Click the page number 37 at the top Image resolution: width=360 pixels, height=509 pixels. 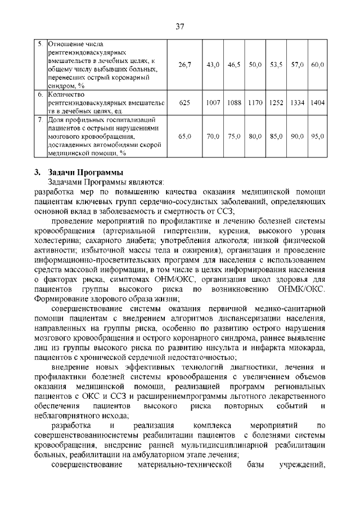click(x=180, y=26)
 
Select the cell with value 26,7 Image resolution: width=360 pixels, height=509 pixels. click(x=185, y=65)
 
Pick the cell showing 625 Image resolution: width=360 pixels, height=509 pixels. click(x=185, y=103)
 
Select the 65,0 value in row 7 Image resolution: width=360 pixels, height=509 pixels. click(x=185, y=136)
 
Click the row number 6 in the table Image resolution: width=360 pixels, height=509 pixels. click(x=40, y=95)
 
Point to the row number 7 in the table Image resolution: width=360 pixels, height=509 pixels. click(x=40, y=120)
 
